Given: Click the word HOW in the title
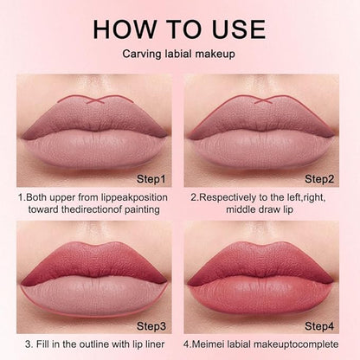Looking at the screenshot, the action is coord(125,29).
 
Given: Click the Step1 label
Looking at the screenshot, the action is coord(151,179).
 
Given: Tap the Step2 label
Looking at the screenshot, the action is coord(319,179).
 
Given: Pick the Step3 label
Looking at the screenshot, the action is coord(151,326).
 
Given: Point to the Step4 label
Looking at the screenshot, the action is coord(319,326).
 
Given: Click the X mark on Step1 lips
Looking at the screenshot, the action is coord(95,100).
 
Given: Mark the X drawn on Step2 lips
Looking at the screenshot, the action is coord(263,100).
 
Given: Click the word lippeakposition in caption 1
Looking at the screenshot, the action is coord(134,198).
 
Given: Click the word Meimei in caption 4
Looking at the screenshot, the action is coord(209,344).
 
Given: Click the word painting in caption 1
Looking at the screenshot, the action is coord(142,209).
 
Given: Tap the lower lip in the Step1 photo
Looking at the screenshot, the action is coord(93,151).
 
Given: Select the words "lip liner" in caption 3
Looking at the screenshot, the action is coord(149,344).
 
